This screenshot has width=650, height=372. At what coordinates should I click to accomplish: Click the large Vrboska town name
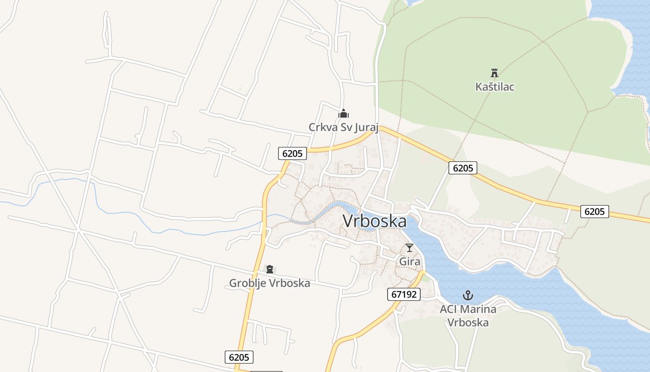coord(375,221)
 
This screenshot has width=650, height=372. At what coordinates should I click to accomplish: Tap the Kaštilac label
coord(495,87)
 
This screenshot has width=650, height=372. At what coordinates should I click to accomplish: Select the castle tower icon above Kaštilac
coord(494,73)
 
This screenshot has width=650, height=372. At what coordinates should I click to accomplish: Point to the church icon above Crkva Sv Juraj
coord(344,113)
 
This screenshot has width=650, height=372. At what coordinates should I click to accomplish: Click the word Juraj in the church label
coord(366,127)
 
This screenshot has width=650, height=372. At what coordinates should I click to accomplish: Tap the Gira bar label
coord(409,261)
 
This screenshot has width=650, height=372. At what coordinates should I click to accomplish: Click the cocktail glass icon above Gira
coord(409,248)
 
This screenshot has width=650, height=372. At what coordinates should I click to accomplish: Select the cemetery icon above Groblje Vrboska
coord(269,269)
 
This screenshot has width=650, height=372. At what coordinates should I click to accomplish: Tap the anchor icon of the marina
coord(468,295)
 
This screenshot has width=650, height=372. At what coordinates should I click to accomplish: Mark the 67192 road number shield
coord(403,294)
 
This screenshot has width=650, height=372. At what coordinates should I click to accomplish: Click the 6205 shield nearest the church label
coord(292,153)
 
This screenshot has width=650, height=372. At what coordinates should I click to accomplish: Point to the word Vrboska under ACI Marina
coord(468,323)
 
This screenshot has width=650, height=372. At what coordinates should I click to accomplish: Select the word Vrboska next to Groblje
coord(288,283)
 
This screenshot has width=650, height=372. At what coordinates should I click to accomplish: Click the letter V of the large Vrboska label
coord(349,221)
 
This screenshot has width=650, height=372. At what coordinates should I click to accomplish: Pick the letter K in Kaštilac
coord(479,87)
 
